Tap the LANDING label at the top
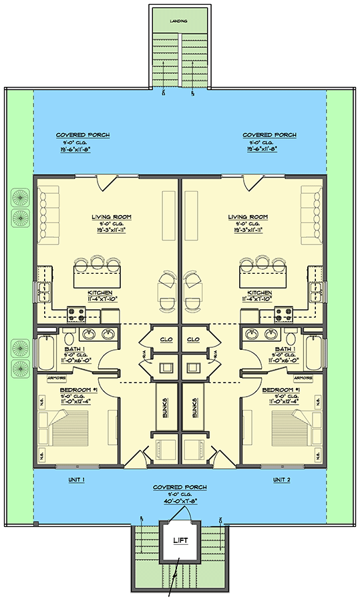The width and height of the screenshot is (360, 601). pyautogui.click(x=178, y=21)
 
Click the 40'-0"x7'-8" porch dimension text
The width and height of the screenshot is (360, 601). pyautogui.click(x=179, y=500)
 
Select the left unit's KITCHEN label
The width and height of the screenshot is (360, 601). pyautogui.click(x=100, y=292)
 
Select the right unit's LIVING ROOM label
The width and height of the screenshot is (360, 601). pyautogui.click(x=248, y=217)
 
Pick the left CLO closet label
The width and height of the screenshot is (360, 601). pyautogui.click(x=166, y=339)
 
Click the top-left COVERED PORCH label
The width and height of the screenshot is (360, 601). pyautogui.click(x=83, y=135)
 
